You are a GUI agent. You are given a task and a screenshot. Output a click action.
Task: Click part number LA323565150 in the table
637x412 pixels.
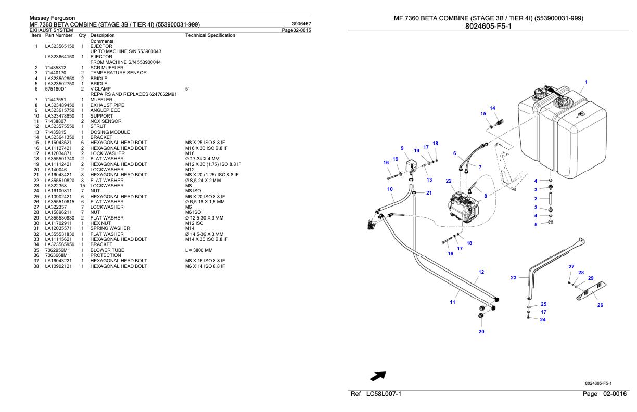point(59,46)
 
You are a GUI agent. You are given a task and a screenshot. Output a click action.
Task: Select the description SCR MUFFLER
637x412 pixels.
point(107,68)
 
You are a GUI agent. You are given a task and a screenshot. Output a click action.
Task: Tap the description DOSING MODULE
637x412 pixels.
point(110,132)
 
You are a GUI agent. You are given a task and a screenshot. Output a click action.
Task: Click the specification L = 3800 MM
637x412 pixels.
point(200,250)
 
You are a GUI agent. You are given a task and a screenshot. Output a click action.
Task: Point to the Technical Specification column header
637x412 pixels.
point(210,35)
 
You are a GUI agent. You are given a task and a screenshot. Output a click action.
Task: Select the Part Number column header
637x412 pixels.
point(59,35)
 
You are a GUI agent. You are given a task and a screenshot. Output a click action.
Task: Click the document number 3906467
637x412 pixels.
point(301,24)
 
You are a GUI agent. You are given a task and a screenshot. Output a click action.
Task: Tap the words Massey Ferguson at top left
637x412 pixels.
point(53,18)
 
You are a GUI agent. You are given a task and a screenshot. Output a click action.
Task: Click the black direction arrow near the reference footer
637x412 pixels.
point(377,375)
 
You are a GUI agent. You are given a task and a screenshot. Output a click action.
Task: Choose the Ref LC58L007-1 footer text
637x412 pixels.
point(376,394)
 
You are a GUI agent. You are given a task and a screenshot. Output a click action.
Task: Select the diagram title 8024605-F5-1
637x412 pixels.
point(489,26)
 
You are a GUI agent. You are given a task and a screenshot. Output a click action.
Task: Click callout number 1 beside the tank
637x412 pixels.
point(586,82)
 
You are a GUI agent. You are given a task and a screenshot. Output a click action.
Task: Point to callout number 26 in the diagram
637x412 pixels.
point(600,305)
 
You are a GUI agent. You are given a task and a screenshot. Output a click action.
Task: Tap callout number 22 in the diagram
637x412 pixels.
point(449,181)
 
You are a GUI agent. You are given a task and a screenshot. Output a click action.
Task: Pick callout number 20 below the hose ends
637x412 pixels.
point(481,331)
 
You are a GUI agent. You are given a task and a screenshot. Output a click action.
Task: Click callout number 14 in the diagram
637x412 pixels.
point(492,108)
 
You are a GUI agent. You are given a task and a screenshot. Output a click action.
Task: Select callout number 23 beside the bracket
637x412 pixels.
point(513,278)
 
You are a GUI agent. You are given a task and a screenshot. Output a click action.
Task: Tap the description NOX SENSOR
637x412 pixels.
point(106,121)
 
